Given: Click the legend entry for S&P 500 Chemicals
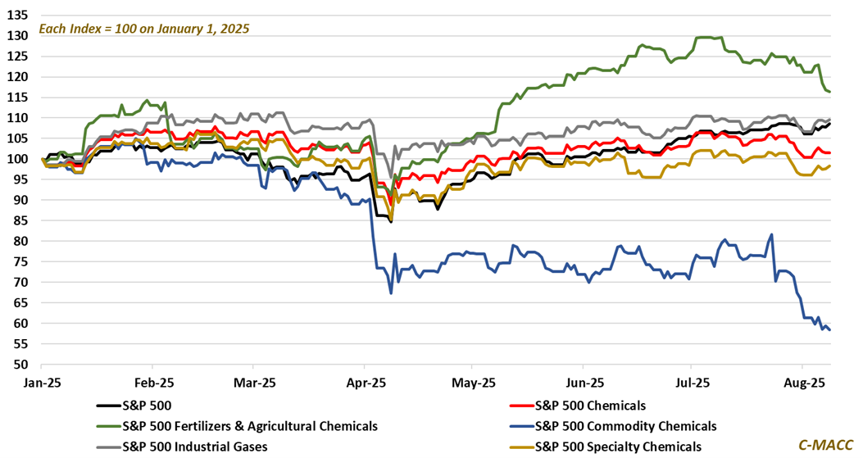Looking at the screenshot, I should coord(590,405).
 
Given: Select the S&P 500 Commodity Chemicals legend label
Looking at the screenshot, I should coord(625,425).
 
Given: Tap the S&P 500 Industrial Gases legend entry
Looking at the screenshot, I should coord(194,446).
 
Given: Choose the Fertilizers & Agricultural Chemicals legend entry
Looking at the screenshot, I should coord(250,425).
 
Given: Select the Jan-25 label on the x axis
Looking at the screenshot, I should coord(43,383).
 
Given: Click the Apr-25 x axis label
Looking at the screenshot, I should coord(366,383).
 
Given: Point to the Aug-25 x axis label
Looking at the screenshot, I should coord(803,383).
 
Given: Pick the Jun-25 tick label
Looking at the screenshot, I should coord(585,383).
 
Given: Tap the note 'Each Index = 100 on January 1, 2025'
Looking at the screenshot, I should coord(144,29).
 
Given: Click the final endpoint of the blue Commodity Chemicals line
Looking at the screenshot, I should coord(829,329).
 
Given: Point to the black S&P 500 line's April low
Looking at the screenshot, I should coord(391,221).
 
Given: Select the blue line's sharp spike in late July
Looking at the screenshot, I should coord(771,235).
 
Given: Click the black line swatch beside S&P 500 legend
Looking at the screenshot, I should coord(107,405).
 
